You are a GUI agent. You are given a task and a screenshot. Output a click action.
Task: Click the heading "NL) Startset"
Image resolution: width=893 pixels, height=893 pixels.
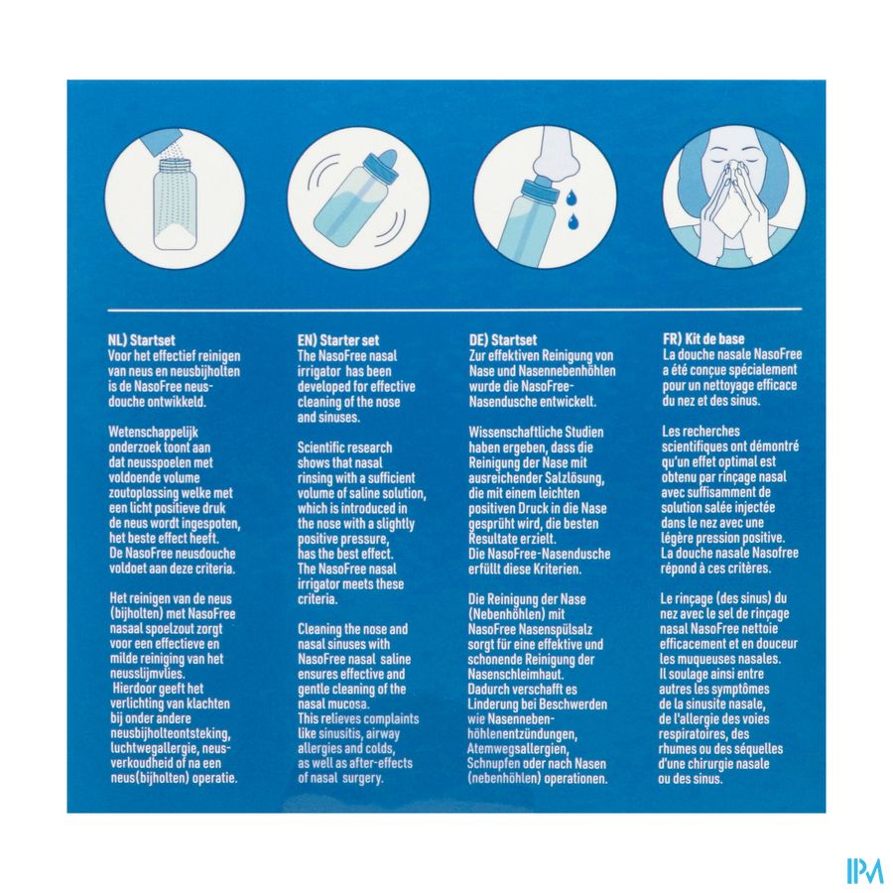point(141,340)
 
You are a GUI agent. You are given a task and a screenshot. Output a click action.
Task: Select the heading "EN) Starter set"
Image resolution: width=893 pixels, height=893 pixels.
point(337,340)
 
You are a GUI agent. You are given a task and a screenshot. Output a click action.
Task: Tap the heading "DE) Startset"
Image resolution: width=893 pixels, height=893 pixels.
point(503,340)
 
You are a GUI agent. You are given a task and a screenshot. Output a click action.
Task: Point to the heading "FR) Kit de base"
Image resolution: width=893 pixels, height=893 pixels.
point(703,339)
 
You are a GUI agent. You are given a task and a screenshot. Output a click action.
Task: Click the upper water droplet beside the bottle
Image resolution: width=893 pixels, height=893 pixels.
point(571,197)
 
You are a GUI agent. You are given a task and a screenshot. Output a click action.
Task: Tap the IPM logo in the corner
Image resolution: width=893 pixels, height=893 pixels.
point(864,870)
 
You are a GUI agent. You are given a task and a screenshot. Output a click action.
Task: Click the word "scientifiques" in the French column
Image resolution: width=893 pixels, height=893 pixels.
point(698,446)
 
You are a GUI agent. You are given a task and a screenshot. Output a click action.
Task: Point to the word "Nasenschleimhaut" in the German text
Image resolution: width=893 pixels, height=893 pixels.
point(516,675)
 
